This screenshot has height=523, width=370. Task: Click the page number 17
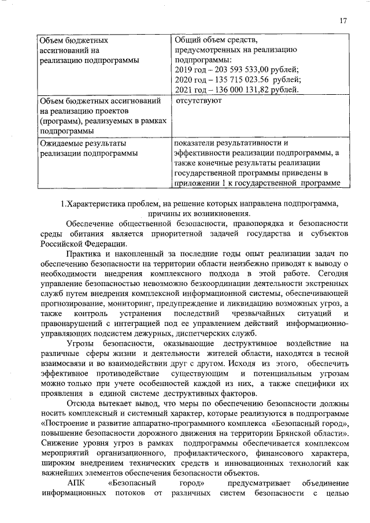pyautogui.click(x=343, y=21)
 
